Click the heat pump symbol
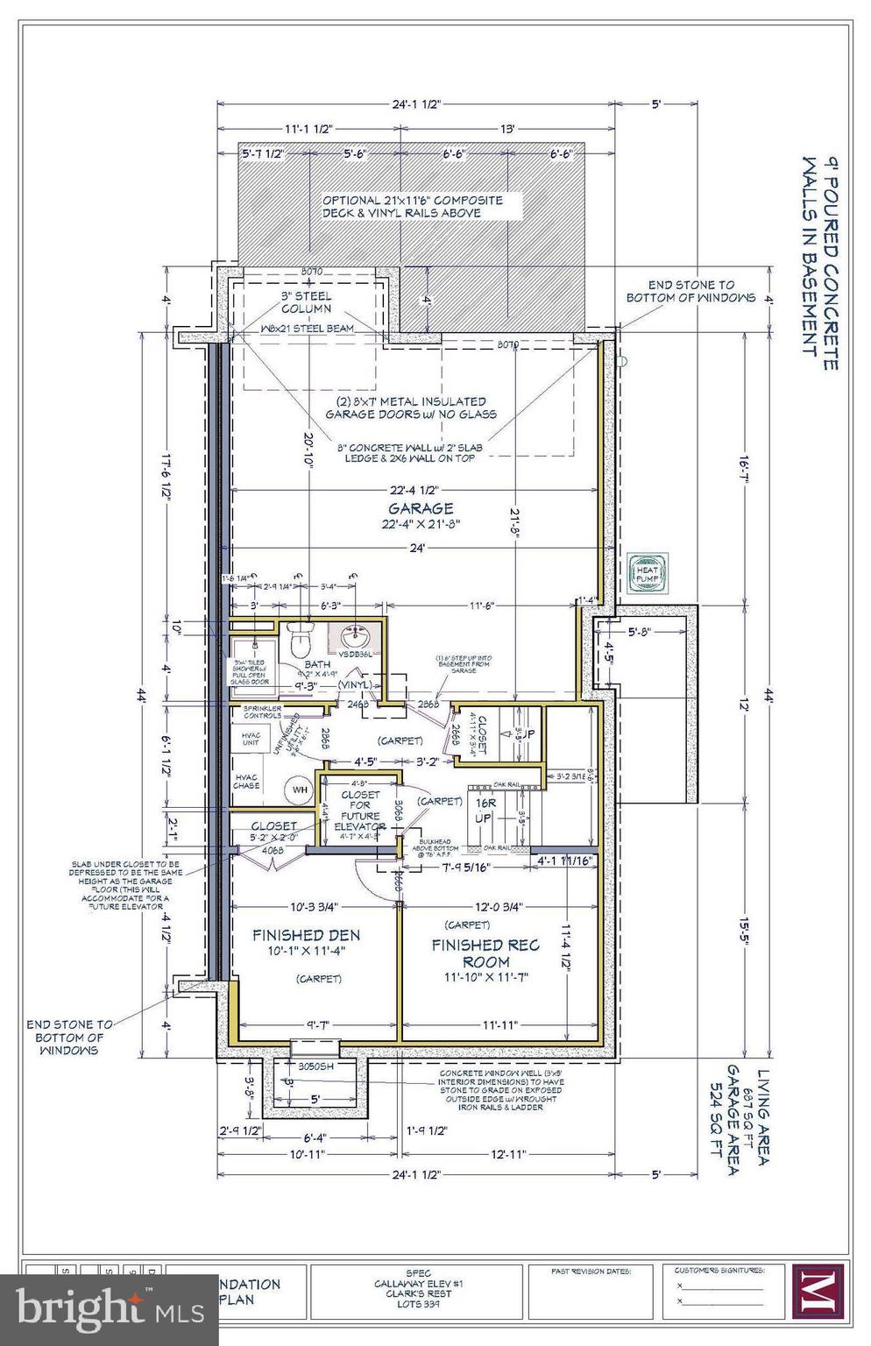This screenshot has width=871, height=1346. pos(648,570)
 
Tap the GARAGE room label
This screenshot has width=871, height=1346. pos(421,508)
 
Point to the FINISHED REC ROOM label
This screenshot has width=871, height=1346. pos(485,953)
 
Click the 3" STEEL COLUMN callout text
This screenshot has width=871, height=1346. pos(306,302)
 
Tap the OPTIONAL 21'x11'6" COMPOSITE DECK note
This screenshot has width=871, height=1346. pos(412,206)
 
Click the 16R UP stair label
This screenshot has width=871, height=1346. pos(485,811)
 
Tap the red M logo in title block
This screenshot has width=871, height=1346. pos(818,1292)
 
